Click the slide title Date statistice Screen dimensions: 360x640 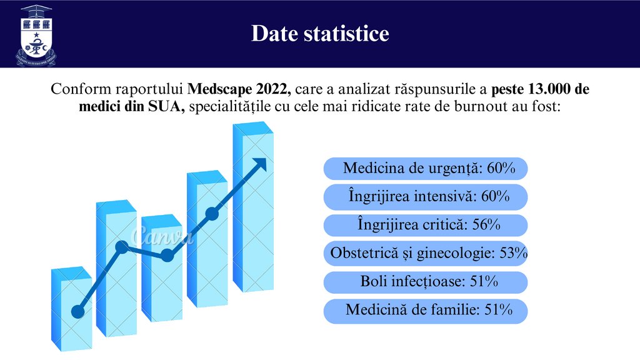point(320,33)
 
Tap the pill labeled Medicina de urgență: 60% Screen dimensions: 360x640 point(426,169)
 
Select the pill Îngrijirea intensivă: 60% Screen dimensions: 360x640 point(426,197)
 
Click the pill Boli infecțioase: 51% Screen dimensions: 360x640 point(426,282)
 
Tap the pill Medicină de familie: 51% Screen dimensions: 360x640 point(426,311)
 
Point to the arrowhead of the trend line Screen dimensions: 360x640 point(258,165)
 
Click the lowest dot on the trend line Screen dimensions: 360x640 point(78,311)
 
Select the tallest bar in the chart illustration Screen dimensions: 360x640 point(252,206)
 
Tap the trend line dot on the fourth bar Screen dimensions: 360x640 point(212,214)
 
